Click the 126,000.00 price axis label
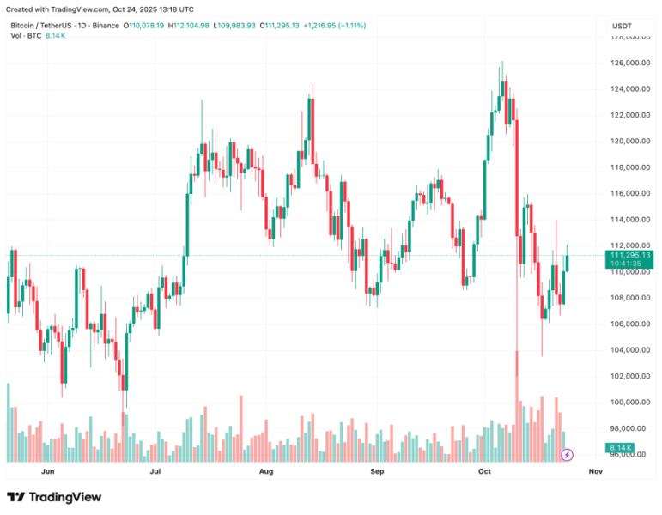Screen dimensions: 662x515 click(630, 63)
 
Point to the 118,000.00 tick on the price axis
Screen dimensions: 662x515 click(630, 167)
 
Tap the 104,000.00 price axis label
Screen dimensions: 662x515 click(630, 350)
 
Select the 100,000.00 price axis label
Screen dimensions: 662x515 click(630, 403)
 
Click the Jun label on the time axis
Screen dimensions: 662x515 click(48, 471)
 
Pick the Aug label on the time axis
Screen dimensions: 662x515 click(266, 471)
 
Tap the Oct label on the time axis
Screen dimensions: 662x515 click(484, 471)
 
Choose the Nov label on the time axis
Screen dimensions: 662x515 click(596, 471)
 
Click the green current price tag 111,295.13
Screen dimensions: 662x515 click(629, 259)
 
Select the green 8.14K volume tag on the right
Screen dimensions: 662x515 click(620, 447)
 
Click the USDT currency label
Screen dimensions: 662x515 click(622, 26)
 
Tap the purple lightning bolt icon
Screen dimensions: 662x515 click(567, 455)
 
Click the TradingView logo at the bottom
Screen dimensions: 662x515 click(54, 497)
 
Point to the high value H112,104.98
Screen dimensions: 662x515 click(188, 26)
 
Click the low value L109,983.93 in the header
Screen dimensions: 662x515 click(234, 26)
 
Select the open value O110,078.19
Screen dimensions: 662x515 click(143, 26)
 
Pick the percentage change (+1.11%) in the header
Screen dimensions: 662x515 click(352, 26)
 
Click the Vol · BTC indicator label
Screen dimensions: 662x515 click(26, 36)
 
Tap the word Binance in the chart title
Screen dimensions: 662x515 click(106, 26)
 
